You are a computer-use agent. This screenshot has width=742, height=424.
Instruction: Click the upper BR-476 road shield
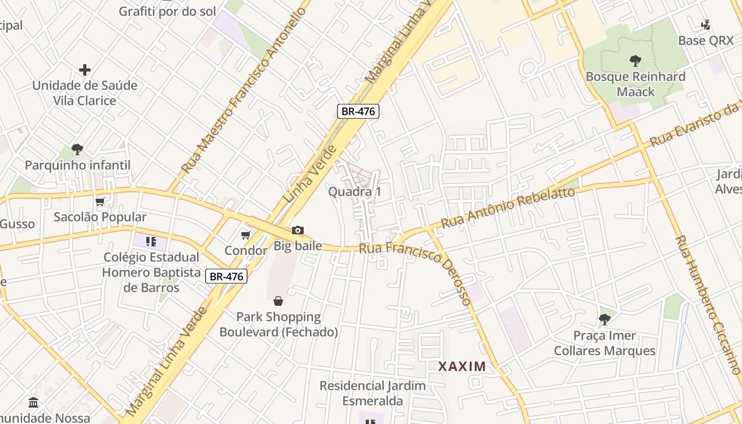pyautogui.click(x=358, y=111)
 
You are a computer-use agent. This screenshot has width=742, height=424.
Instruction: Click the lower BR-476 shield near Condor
pyautogui.click(x=226, y=276)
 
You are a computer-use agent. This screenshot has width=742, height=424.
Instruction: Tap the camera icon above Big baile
pyautogui.click(x=298, y=230)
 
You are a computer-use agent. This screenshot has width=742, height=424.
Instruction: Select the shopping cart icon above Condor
pyautogui.click(x=245, y=235)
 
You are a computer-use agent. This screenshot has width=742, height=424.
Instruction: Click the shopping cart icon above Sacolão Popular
pyautogui.click(x=100, y=201)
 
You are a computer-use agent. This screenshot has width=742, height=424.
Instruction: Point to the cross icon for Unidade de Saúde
pyautogui.click(x=85, y=70)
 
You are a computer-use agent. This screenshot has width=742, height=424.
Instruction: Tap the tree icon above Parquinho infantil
pyautogui.click(x=77, y=149)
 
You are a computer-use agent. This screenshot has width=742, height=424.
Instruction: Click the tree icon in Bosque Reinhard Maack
pyautogui.click(x=635, y=61)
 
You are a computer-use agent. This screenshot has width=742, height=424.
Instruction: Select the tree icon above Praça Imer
pyautogui.click(x=605, y=319)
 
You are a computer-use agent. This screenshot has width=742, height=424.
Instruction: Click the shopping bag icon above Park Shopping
pyautogui.click(x=278, y=301)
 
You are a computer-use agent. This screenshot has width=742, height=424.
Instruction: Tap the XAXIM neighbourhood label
pyautogui.click(x=462, y=366)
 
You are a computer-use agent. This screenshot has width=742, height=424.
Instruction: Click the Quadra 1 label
pyautogui.click(x=355, y=191)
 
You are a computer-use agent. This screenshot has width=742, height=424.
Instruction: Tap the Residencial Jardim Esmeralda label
pyautogui.click(x=373, y=393)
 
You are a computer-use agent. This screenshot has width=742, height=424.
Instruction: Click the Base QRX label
pyautogui.click(x=706, y=40)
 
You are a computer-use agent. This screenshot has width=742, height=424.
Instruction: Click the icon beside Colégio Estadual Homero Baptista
pyautogui.click(x=151, y=242)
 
